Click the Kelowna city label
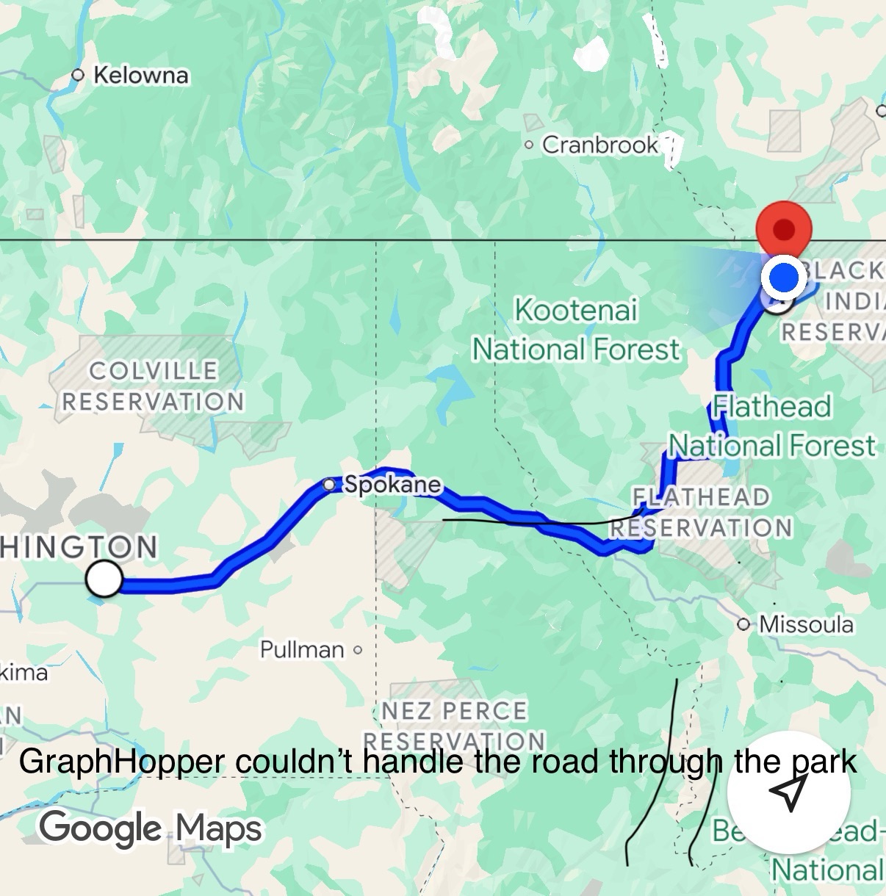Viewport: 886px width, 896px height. point(140,75)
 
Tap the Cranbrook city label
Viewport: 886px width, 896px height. point(599,145)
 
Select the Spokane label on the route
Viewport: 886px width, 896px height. point(392,484)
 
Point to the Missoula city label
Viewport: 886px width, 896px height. point(806,624)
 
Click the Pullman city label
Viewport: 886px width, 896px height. point(302,649)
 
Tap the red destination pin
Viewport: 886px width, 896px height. point(784,228)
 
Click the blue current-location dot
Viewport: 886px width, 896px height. point(785,278)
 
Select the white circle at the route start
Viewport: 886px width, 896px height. point(104,579)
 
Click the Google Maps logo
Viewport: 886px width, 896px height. point(151,828)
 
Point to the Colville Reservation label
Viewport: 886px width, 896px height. point(153,386)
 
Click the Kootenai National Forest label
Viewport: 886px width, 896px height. point(576,330)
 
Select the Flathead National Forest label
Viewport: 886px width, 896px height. point(771,426)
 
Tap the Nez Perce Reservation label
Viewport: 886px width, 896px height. point(454,725)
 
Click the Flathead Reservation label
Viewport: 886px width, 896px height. point(701,512)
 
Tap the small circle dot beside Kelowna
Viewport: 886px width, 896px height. point(78,75)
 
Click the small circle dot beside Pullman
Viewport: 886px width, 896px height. point(358,650)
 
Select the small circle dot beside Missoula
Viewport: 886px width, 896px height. point(744,625)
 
